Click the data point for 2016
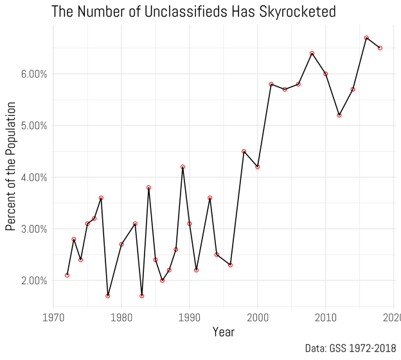[366, 38]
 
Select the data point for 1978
[108, 296]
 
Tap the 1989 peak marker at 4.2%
[183, 167]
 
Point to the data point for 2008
[312, 53]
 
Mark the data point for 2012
[339, 115]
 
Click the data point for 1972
[67, 275]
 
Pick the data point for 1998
[244, 151]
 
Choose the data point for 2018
[380, 48]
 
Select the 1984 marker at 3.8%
[148, 188]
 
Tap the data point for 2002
[271, 84]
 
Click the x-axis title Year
[223, 332]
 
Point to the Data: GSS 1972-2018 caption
[350, 348]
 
